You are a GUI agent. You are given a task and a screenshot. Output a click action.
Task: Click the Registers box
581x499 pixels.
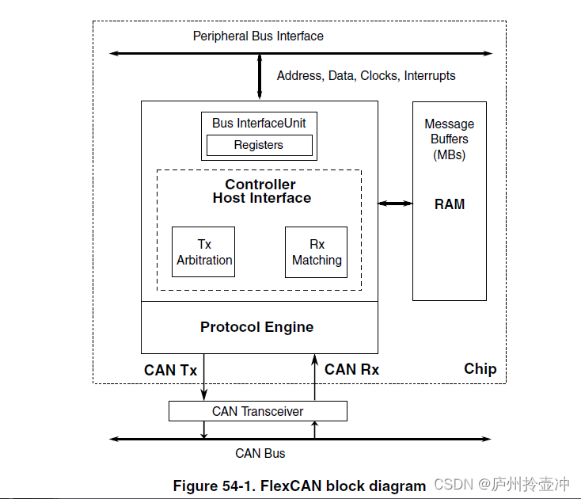pos(259,145)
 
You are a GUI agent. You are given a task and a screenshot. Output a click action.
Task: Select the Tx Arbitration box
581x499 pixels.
pos(204,252)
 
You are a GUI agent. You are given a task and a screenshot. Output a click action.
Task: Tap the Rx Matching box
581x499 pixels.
pos(317,252)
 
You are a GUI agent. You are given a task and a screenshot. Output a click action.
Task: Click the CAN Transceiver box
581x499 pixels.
pos(258,411)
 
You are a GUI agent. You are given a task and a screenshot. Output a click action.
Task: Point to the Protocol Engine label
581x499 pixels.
pos(257,327)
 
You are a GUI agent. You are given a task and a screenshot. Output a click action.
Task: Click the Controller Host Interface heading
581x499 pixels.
pos(261,192)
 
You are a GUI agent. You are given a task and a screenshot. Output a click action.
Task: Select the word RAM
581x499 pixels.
pos(450,204)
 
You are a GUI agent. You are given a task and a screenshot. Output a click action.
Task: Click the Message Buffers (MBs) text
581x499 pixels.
pos(450,139)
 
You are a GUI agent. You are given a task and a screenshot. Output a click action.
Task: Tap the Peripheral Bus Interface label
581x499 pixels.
pos(258,36)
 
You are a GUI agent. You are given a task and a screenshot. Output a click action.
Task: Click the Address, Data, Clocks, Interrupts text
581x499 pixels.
pos(366,76)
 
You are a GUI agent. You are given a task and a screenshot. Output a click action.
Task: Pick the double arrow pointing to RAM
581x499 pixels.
pos(395,204)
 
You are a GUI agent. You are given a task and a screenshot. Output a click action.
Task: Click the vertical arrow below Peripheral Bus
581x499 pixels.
pos(260,77)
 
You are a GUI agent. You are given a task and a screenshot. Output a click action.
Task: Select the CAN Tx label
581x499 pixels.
pos(170,370)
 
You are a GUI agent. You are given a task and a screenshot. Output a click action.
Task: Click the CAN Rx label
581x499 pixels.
pos(352,369)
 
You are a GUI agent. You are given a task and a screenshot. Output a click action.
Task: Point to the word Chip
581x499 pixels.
pos(480,369)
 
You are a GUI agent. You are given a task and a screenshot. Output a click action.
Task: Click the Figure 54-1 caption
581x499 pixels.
pos(299,486)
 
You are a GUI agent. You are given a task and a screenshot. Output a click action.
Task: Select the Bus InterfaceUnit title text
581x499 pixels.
pos(259,123)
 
